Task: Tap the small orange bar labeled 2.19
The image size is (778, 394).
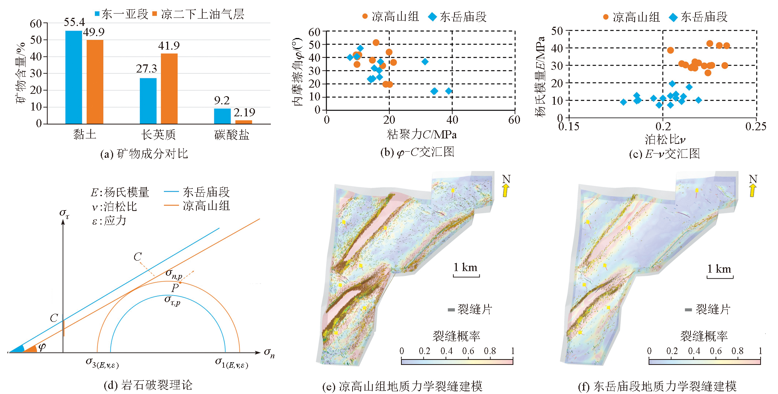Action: coord(243,122)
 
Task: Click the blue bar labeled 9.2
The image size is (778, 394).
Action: coord(222,116)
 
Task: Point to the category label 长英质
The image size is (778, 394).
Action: coord(158,135)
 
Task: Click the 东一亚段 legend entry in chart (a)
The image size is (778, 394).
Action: coord(121,14)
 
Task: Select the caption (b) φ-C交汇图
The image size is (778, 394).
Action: coord(417,152)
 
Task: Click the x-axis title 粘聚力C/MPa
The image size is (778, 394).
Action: coord(422,135)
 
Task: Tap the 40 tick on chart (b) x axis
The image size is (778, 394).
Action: coord(452,120)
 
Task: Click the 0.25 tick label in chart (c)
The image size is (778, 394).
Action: coord(756,126)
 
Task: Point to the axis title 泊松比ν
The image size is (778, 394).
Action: coord(664,140)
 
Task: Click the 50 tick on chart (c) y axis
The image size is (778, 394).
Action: coord(557,31)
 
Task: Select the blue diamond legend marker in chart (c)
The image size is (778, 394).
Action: coord(673,17)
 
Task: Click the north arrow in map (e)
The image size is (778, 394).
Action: coord(506,190)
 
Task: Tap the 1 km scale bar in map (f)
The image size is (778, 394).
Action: coord(720,276)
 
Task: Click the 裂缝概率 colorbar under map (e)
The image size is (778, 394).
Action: coord(457,361)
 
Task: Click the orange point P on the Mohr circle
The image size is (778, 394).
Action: coord(180,283)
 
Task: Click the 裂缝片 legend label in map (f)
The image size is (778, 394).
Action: coord(713,309)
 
